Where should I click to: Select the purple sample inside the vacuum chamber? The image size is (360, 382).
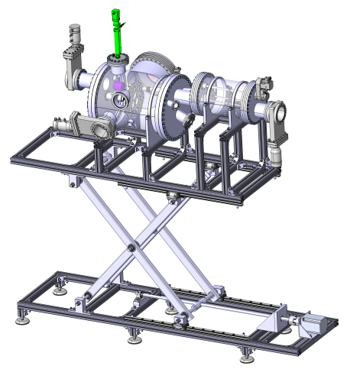[117, 97]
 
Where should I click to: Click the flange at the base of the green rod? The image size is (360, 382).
[117, 60]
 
